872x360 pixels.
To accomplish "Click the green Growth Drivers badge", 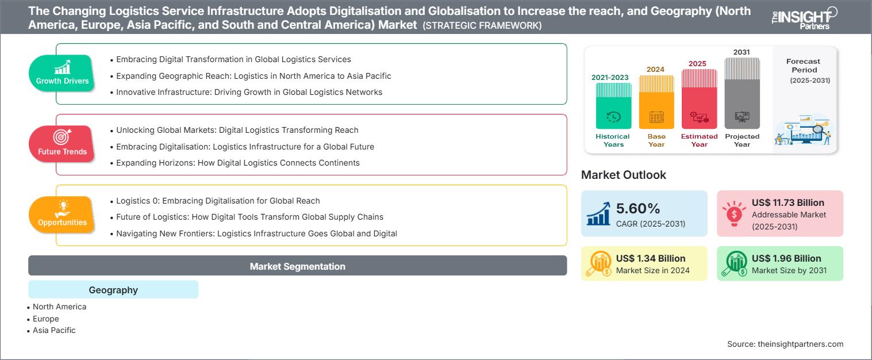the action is pos(62,73).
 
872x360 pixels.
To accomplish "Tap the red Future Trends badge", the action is pos(62,144).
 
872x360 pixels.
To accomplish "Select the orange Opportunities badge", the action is pos(62,215).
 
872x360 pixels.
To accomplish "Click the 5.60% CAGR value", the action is pos(637,208).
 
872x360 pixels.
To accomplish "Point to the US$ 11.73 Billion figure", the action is pos(788,202).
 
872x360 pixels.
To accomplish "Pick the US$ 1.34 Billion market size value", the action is pos(651,258).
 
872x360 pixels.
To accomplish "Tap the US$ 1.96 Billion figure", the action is pos(786,258).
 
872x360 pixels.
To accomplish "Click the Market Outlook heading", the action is pos(623,175).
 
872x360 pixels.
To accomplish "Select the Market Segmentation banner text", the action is pos(297,266).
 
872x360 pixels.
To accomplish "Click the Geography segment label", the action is pos(113,290).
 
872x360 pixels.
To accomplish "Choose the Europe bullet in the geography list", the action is pos(45,319).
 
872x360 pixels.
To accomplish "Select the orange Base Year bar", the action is pos(656,102).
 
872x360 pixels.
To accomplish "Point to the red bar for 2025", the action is pos(699,99).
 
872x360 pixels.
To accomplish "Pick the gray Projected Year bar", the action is pos(742,93).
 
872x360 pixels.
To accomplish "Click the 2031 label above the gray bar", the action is pos(742,52).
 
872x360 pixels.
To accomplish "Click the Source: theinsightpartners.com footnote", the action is pos(785,344).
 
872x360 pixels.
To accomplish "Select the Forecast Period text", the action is pos(804,66).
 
